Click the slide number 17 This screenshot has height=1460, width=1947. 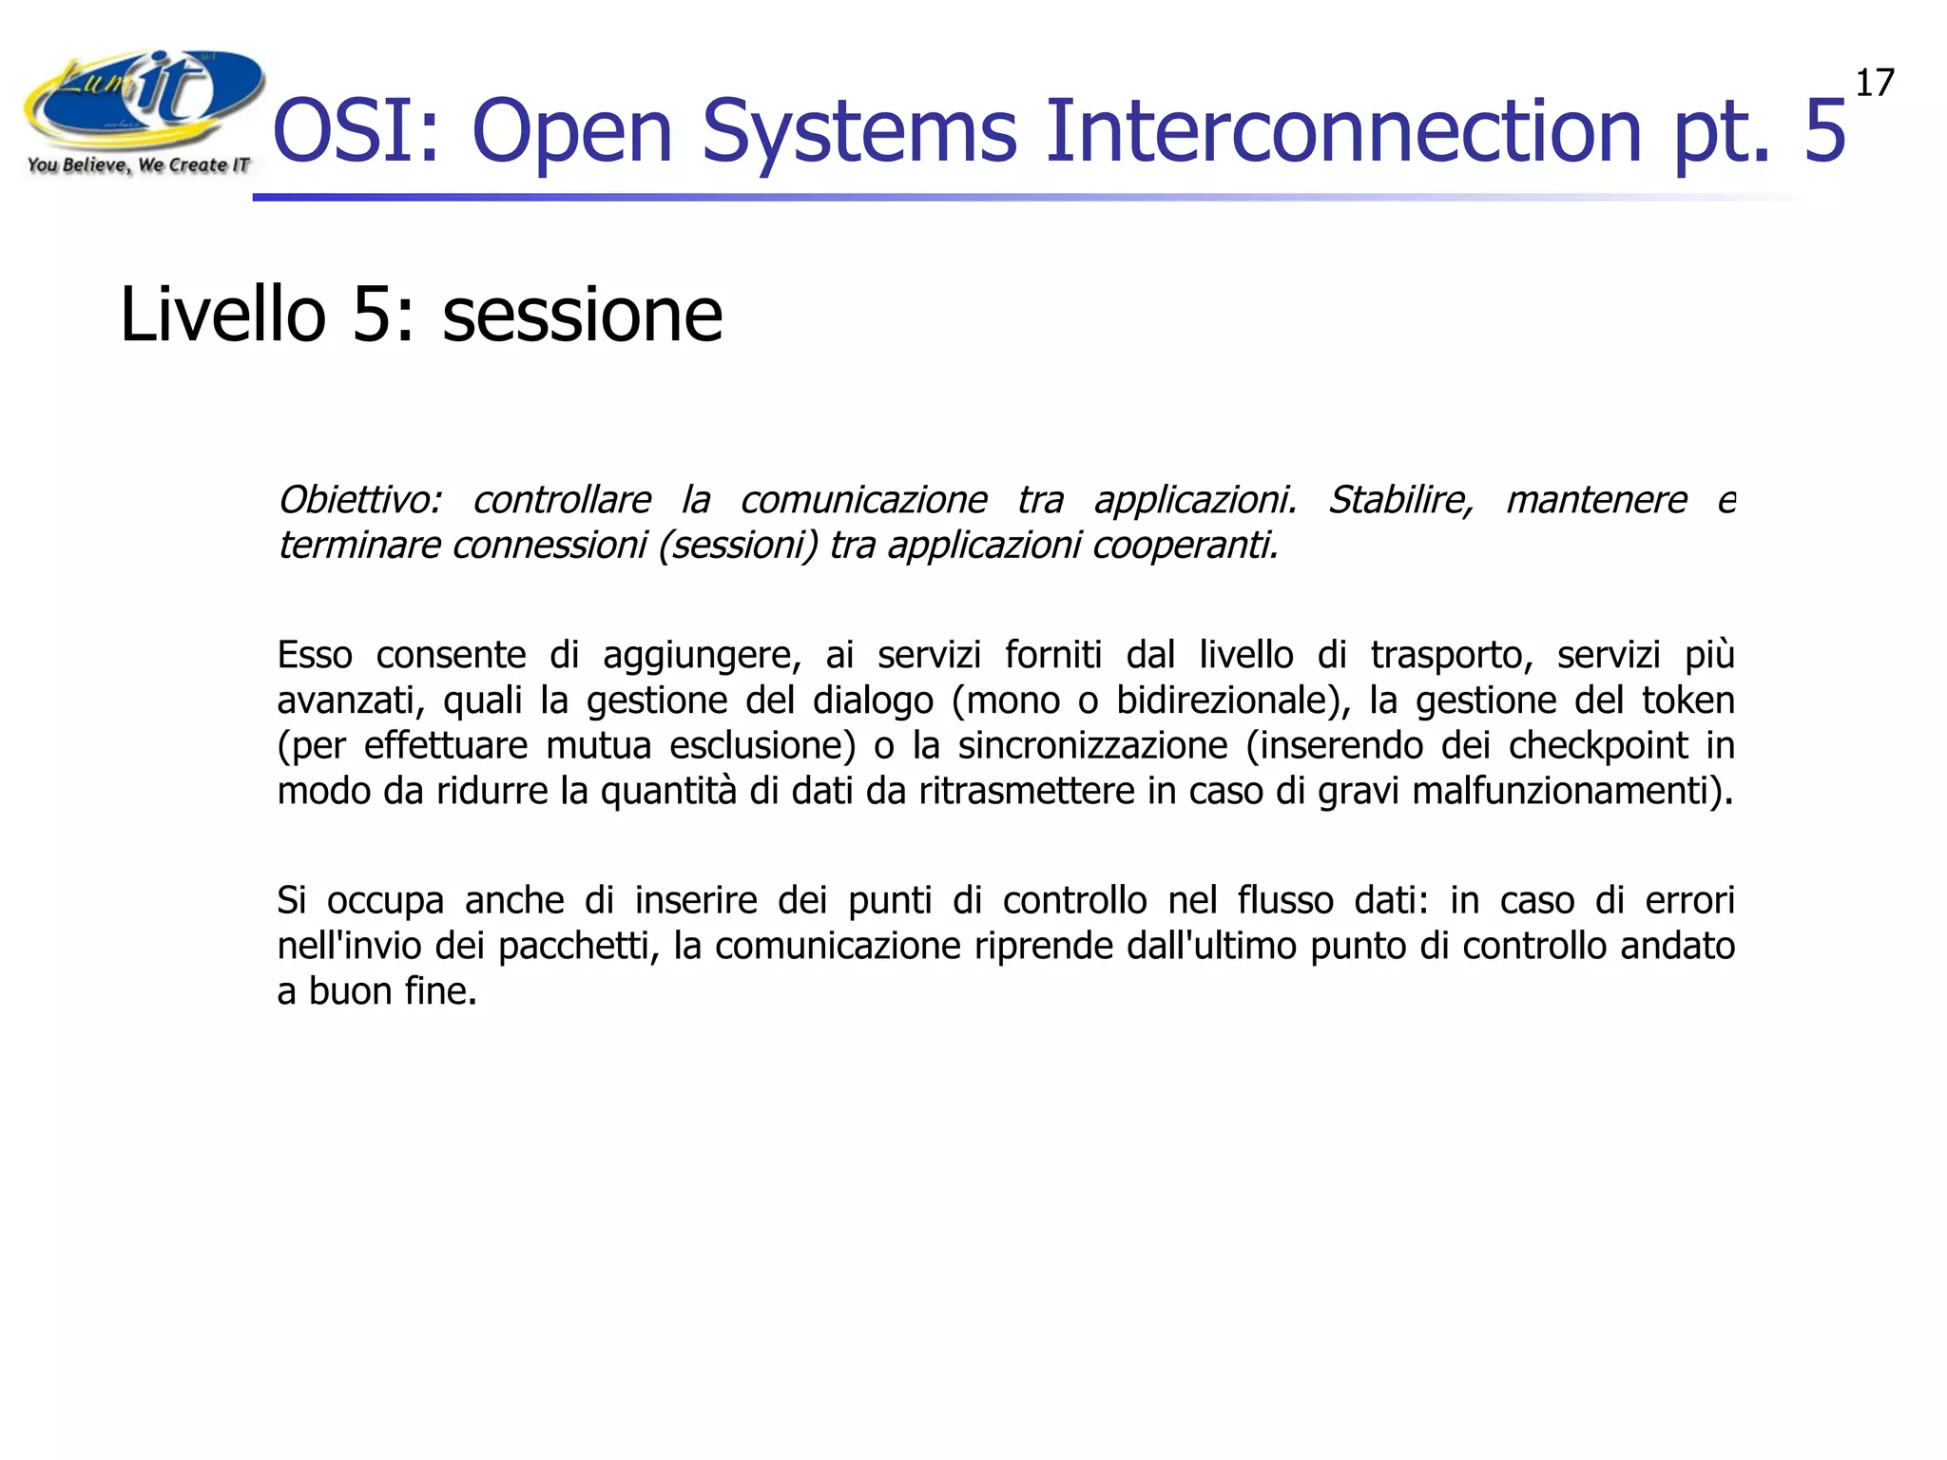pos(1874,84)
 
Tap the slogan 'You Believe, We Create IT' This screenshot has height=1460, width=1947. pos(139,165)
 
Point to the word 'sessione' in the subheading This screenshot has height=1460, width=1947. pos(582,316)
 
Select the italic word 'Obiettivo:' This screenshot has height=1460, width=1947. pos(359,500)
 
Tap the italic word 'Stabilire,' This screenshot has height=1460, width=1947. pos(1400,500)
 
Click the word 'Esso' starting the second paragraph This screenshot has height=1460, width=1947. pos(315,655)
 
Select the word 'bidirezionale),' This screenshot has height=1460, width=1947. pos(1232,701)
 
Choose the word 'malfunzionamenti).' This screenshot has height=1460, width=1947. pos(1572,791)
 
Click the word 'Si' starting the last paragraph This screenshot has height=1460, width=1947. pos(291,900)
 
